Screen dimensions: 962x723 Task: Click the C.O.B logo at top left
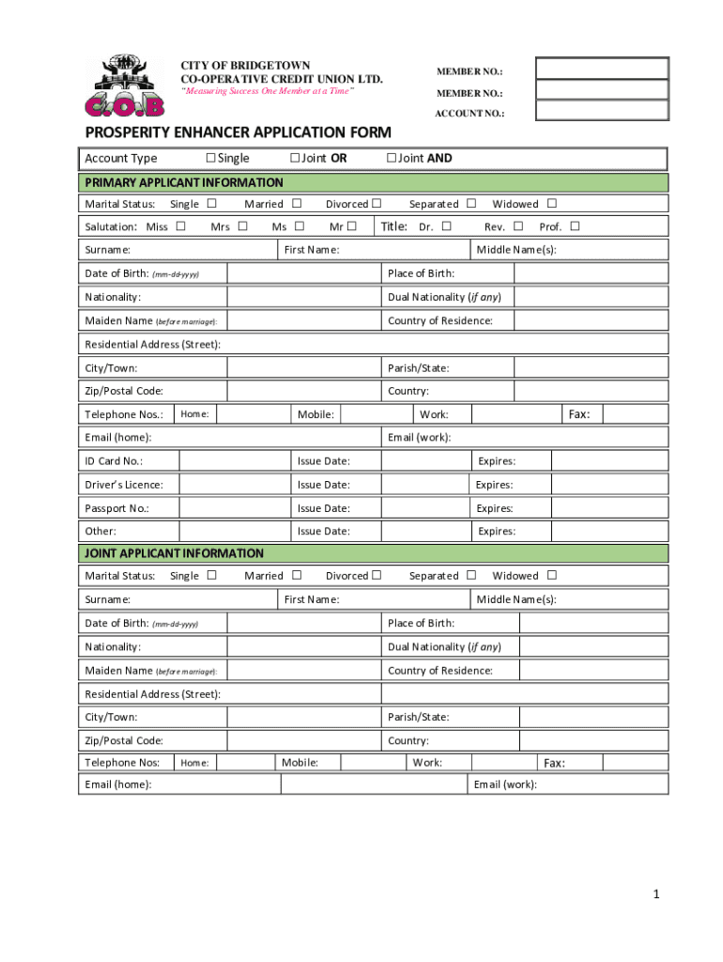(124, 85)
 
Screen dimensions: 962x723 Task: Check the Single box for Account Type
(211, 158)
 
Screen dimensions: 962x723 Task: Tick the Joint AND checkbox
(392, 158)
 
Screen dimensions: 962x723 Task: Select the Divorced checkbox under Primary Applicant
(377, 204)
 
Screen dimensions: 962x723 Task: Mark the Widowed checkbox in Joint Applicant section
(552, 575)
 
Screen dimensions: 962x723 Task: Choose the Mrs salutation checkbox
(243, 226)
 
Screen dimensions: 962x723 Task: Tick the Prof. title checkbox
(575, 226)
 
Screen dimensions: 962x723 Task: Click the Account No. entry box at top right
(601, 111)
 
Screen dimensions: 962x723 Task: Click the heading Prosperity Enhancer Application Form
(238, 132)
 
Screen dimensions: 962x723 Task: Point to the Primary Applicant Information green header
(372, 182)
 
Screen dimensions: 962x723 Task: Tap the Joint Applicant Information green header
(372, 553)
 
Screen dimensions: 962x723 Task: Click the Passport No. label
(116, 508)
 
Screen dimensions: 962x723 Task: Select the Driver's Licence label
(124, 485)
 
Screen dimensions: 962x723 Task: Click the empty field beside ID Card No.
(233, 461)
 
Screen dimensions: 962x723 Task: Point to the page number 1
(657, 894)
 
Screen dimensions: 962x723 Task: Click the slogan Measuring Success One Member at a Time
(267, 90)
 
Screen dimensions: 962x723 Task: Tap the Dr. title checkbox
(447, 226)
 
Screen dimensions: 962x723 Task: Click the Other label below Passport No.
(100, 532)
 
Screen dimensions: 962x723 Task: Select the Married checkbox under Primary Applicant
(297, 204)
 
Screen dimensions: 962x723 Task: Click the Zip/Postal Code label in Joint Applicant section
(124, 741)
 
